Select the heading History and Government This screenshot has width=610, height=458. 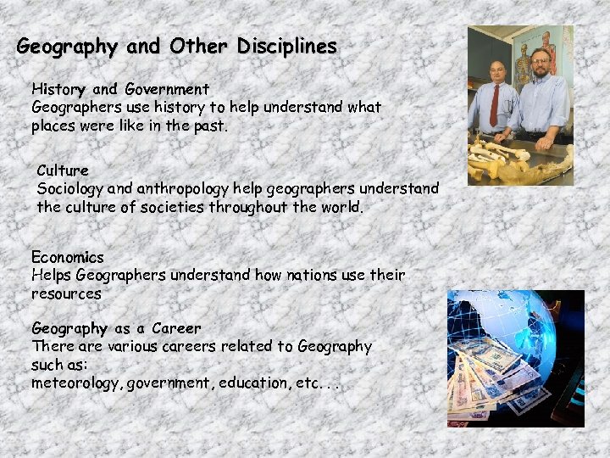pyautogui.click(x=120, y=88)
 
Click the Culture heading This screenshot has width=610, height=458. pyautogui.click(x=63, y=170)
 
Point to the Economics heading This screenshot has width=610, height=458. pyautogui.click(x=68, y=256)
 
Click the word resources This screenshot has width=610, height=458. pyautogui.click(x=66, y=293)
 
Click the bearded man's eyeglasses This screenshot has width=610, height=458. pyautogui.click(x=539, y=61)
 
